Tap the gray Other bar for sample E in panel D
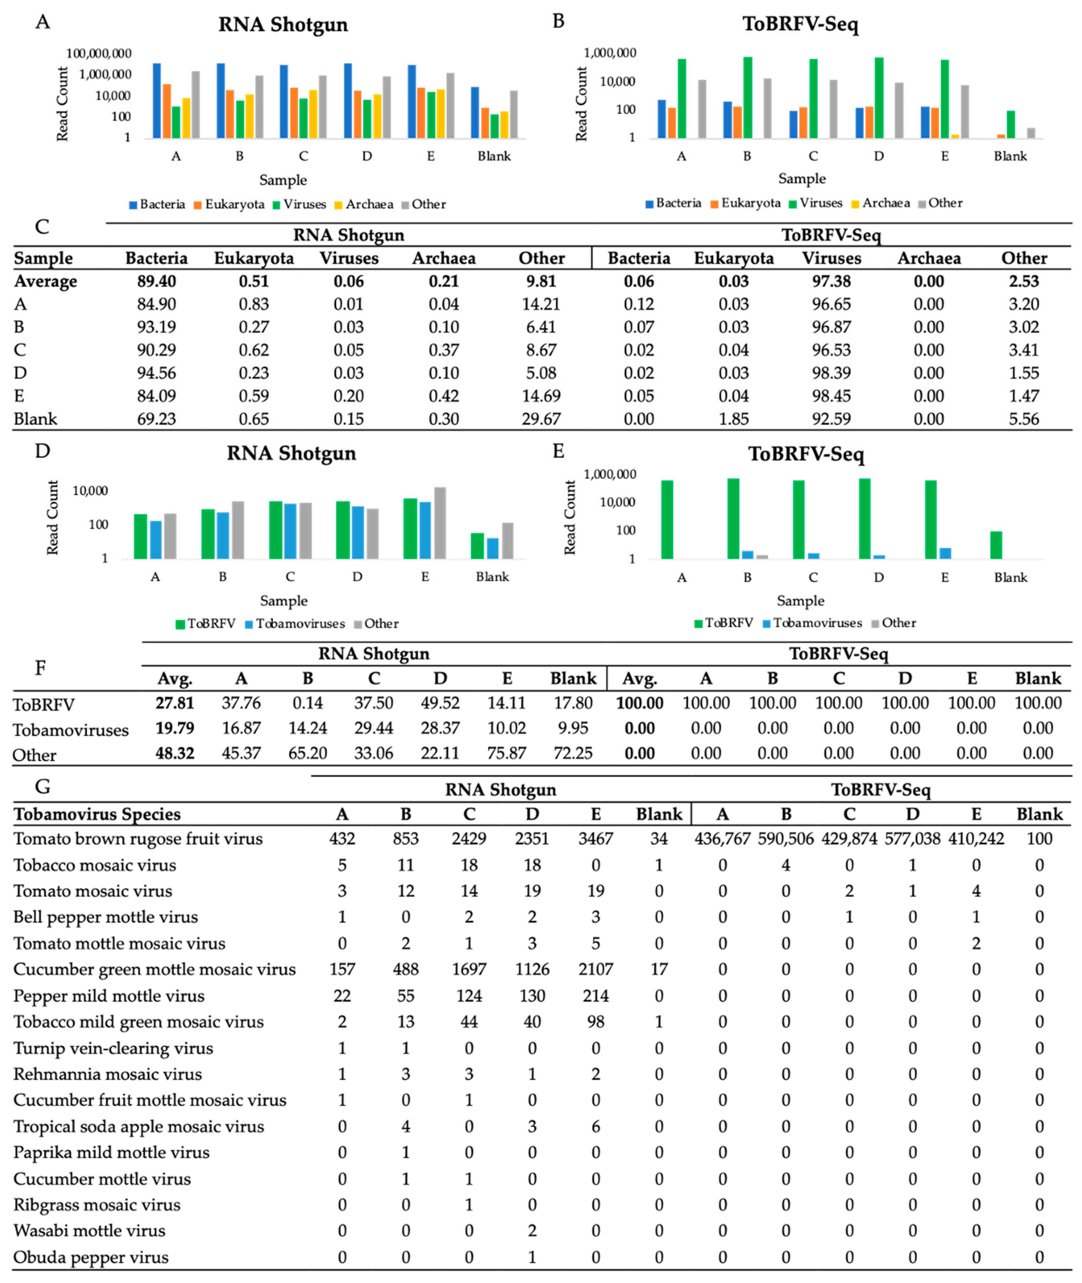440,523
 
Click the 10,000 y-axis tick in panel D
90,491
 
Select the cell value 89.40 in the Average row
156,281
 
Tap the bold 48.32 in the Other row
175,753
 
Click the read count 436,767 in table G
722,839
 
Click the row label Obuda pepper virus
91,1257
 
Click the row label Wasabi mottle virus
90,1231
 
